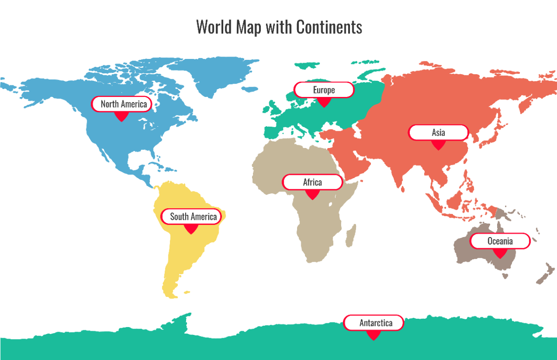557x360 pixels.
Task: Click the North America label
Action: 121,104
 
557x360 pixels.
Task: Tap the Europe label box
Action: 324,90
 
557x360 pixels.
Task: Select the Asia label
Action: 438,133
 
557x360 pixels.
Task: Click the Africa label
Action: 312,182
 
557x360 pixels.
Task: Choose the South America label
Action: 191,217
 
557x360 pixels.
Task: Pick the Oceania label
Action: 500,241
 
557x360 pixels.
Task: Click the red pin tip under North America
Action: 121,120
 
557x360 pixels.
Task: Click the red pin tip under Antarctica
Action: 373,339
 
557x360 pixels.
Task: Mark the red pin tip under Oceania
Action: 500,257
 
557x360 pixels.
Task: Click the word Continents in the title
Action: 329,27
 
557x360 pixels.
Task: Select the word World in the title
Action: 215,27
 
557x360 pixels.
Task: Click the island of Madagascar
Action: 351,236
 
